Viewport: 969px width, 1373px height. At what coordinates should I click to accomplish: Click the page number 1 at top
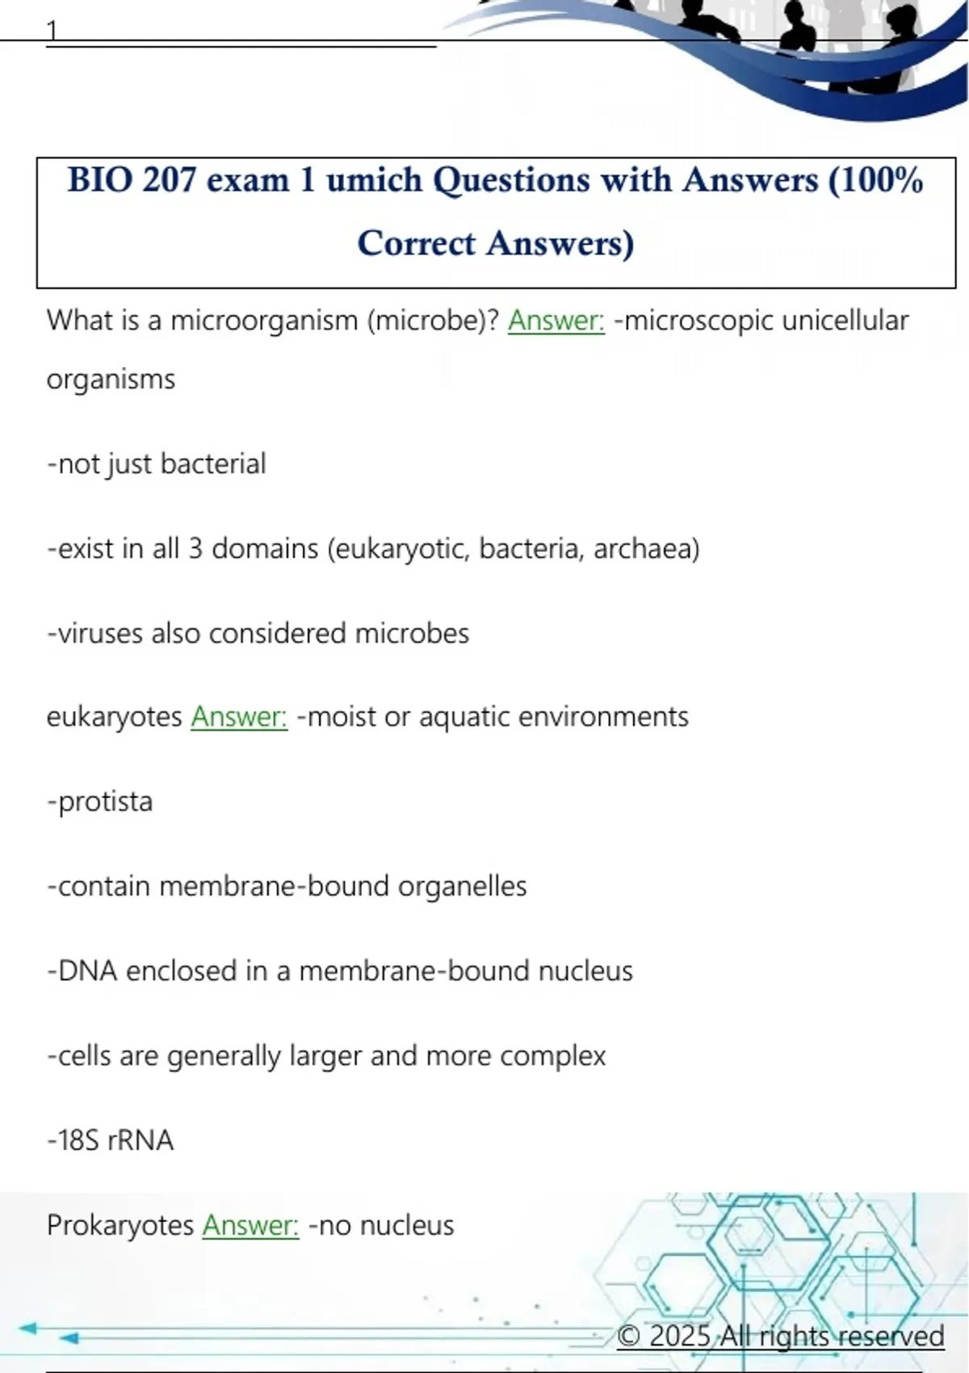pyautogui.click(x=52, y=31)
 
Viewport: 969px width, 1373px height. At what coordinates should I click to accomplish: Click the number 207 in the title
pyautogui.click(x=169, y=179)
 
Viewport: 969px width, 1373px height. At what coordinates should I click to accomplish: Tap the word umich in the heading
pyautogui.click(x=374, y=179)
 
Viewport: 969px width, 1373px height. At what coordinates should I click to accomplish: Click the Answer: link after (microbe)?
pyautogui.click(x=556, y=321)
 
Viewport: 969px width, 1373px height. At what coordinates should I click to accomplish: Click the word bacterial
pyautogui.click(x=213, y=464)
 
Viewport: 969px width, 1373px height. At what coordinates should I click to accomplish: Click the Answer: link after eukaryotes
pyautogui.click(x=239, y=716)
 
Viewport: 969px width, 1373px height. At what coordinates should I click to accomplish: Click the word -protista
pyautogui.click(x=100, y=801)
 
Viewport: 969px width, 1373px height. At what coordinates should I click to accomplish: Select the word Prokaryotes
pyautogui.click(x=120, y=1225)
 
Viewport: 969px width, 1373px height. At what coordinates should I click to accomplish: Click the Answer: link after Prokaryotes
pyautogui.click(x=250, y=1225)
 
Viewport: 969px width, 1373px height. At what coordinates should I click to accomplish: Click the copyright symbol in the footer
pyautogui.click(x=629, y=1336)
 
